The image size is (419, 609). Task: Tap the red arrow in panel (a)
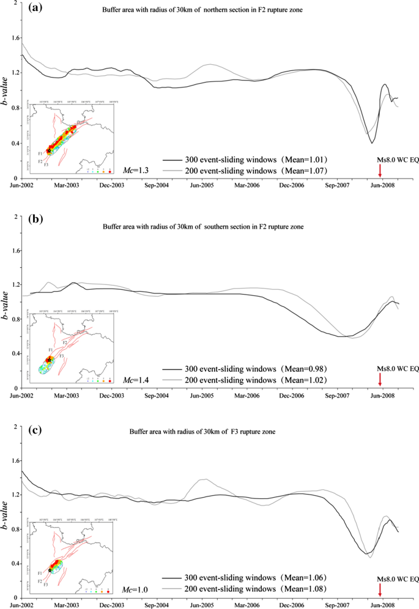click(380, 172)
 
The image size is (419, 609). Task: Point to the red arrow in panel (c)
click(380, 590)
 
